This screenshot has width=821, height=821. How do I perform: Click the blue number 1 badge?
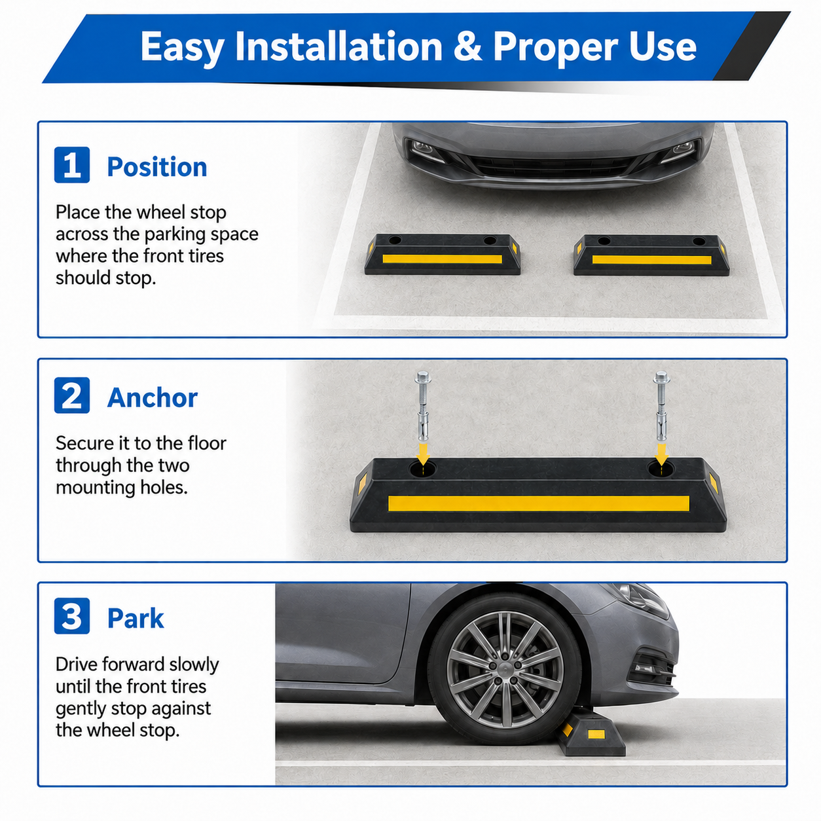click(x=72, y=165)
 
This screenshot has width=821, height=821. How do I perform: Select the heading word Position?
click(x=156, y=166)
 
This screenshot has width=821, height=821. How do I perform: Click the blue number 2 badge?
click(x=72, y=395)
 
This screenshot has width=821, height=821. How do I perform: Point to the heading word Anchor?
click(x=152, y=397)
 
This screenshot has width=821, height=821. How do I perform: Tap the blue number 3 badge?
click(x=72, y=615)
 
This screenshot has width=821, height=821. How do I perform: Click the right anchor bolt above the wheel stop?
click(x=661, y=407)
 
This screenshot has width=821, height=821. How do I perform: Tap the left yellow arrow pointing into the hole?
click(x=423, y=454)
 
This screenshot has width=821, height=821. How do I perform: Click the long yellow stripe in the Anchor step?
click(x=539, y=503)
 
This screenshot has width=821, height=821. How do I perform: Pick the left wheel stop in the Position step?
click(x=443, y=254)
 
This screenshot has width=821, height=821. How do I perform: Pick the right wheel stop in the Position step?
click(x=651, y=255)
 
